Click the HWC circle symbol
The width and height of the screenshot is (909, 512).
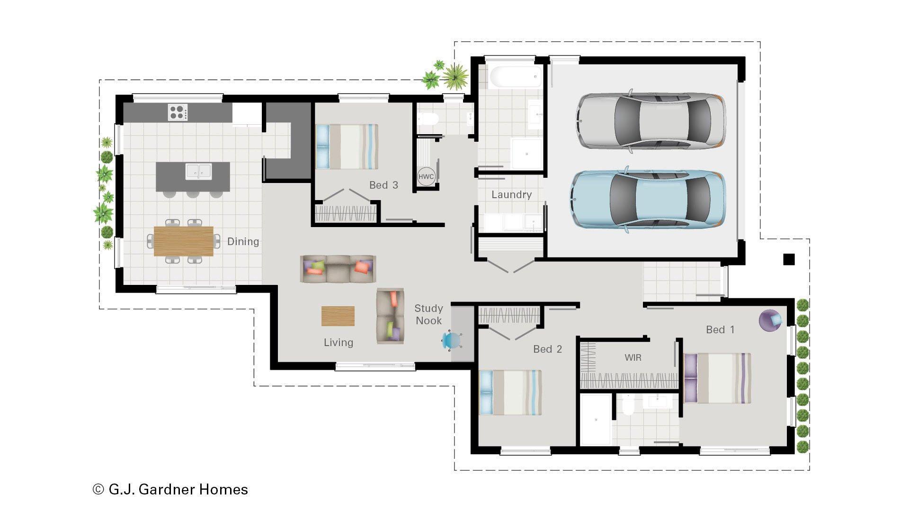pos(426,177)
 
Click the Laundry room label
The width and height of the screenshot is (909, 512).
pos(511,194)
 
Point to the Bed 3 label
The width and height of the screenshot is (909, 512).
pos(383,185)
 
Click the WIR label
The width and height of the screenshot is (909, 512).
pos(633,357)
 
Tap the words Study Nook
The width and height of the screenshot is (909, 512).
pos(428,314)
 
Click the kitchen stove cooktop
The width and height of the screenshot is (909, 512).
pos(178,112)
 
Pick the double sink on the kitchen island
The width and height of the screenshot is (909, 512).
pos(198,171)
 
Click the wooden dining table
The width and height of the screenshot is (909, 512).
pos(183,241)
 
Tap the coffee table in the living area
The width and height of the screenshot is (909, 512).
pos(338,316)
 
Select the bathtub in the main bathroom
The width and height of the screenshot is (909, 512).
pos(515,76)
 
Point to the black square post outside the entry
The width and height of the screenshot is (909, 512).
pos(789,259)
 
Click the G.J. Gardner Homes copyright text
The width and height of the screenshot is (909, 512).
pos(170,489)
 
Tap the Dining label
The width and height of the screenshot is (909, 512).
pos(243,241)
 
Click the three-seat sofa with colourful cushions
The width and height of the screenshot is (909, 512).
pos(338,269)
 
